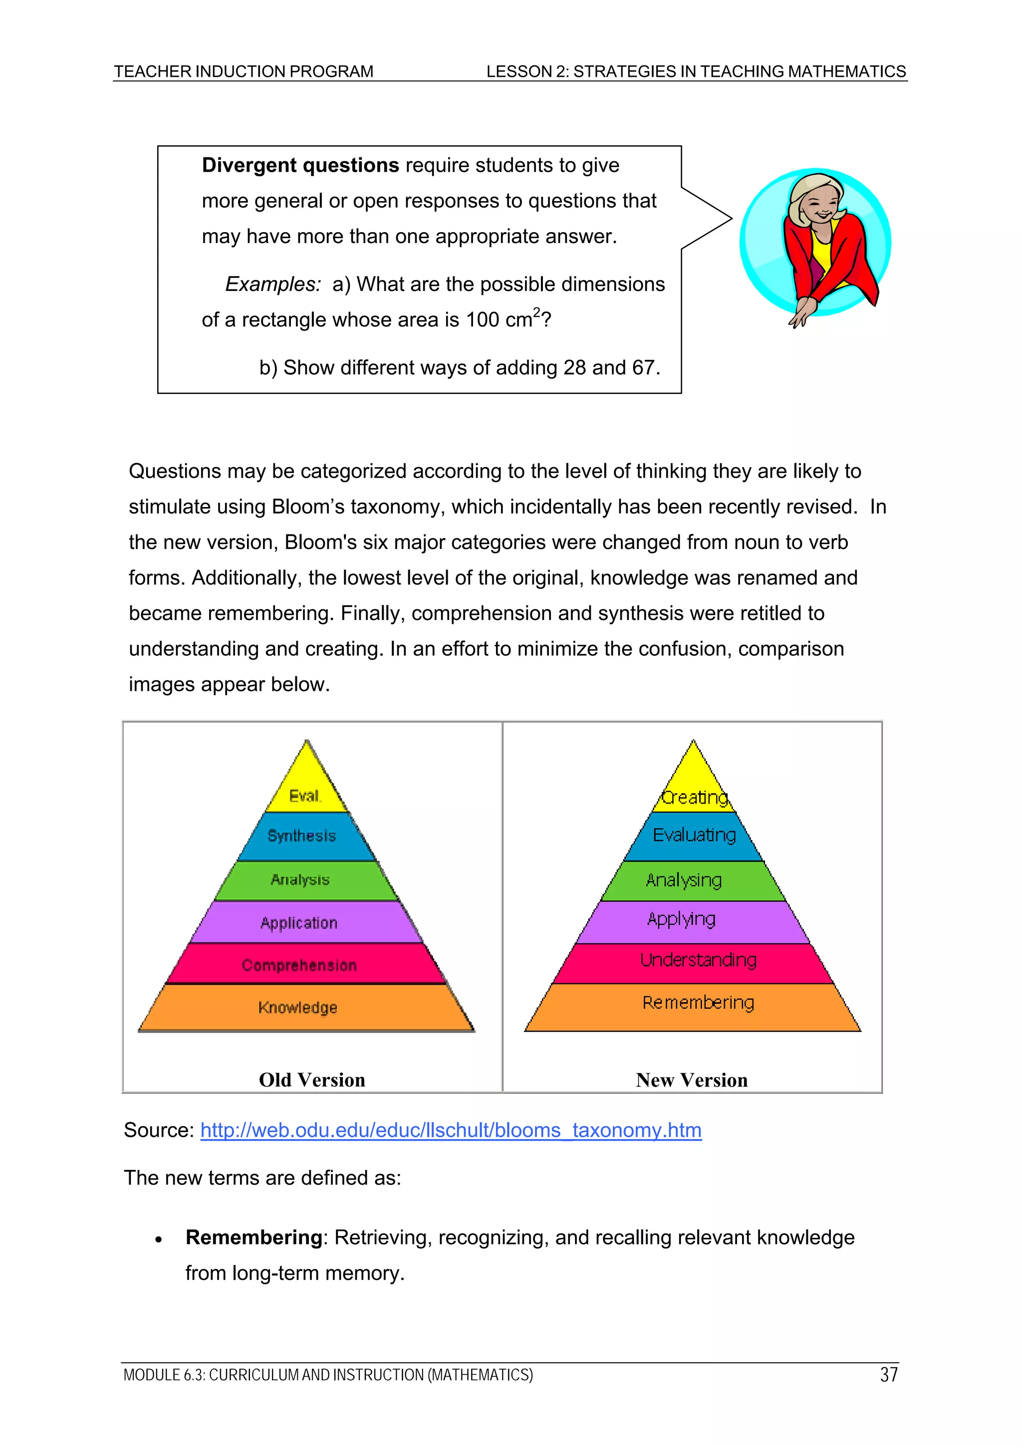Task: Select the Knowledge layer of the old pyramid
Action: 298,1007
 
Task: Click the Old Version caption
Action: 312,1080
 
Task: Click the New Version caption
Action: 692,1080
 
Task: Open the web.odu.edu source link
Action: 451,1131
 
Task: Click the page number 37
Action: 888,1375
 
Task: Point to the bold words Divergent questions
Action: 300,166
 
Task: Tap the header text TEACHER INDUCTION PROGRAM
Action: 244,72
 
